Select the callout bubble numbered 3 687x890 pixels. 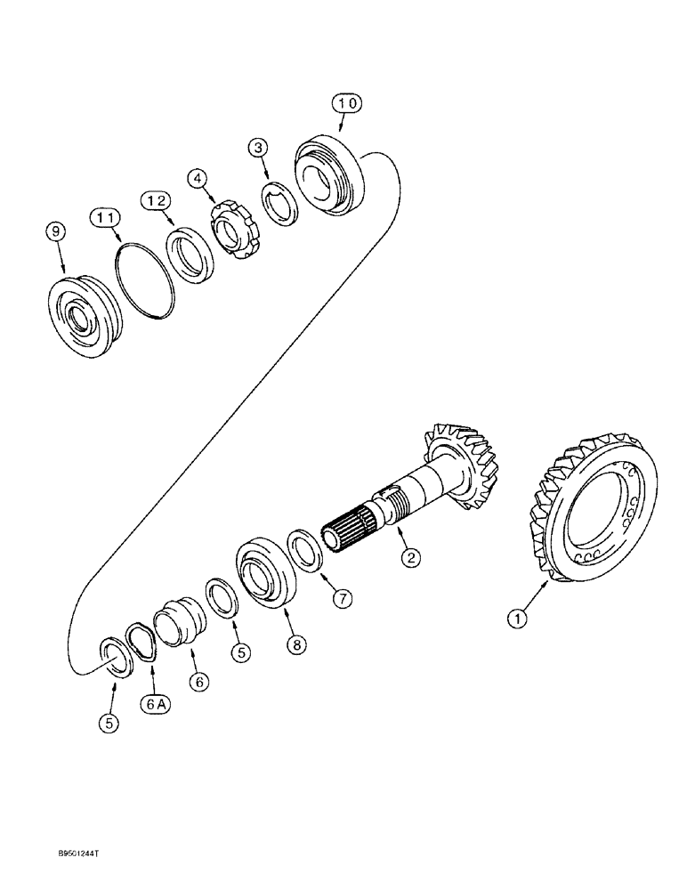click(258, 148)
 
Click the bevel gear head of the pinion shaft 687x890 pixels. click(465, 463)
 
